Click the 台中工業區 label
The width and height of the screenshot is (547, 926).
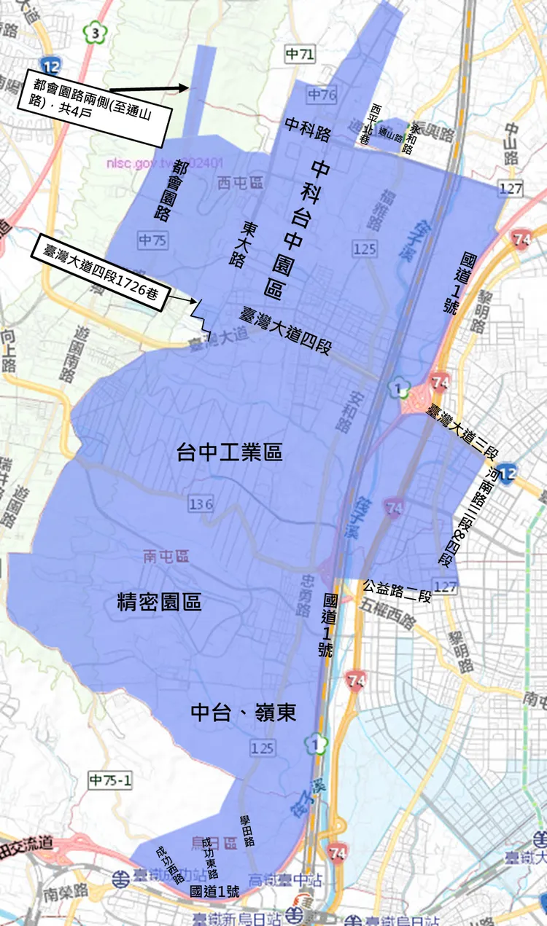230,453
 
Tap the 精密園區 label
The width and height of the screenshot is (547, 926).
160,603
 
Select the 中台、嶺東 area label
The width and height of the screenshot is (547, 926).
244,713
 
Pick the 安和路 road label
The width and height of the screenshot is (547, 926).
344,412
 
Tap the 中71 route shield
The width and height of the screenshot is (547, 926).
300,53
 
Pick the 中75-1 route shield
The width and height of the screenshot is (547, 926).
110,780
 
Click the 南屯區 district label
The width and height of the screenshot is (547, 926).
166,557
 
